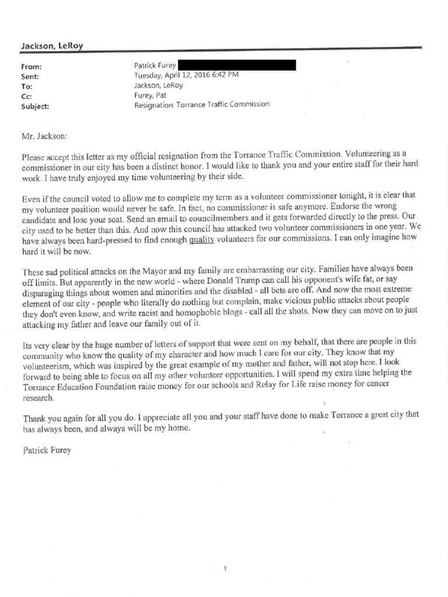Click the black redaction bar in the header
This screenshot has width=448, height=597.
pos(236,65)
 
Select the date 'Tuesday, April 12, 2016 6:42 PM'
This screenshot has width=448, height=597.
pos(185,76)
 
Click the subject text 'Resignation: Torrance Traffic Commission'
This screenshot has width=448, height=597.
pos(202,106)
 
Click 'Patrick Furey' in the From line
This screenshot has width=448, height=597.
pos(155,66)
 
